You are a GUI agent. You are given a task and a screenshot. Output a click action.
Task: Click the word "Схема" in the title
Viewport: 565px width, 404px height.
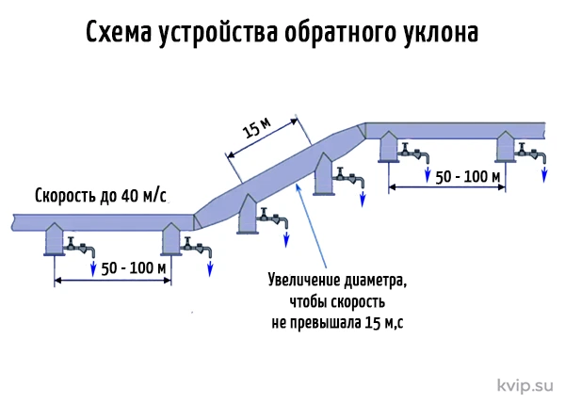(x=119, y=32)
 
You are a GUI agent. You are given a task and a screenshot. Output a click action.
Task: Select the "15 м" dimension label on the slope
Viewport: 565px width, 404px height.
(x=256, y=127)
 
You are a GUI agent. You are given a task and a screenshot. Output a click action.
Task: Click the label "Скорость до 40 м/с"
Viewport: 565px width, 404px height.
(x=101, y=196)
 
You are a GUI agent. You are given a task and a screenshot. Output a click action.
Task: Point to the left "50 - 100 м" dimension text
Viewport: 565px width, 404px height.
(x=134, y=268)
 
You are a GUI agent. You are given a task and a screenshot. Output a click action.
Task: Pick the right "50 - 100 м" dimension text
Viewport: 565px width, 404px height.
(x=467, y=177)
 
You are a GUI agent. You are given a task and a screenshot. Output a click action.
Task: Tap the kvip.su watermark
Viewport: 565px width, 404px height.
(x=525, y=385)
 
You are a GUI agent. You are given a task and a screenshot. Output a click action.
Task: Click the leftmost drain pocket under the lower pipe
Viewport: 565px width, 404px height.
(x=55, y=239)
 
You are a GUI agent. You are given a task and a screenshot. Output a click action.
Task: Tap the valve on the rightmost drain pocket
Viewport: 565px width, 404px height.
(x=531, y=152)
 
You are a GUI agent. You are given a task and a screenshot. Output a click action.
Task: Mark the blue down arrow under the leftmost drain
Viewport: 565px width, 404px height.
(x=93, y=267)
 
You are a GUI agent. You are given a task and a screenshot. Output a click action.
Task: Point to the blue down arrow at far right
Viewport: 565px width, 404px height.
(x=544, y=173)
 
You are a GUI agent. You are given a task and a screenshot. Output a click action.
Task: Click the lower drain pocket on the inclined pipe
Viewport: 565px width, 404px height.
(x=248, y=214)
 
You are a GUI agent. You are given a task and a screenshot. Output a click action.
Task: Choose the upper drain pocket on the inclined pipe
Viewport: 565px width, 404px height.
(x=324, y=174)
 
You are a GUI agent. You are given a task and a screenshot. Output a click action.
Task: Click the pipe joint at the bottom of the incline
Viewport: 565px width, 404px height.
(x=197, y=222)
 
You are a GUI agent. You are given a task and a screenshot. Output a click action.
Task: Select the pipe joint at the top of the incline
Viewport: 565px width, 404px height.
(x=362, y=131)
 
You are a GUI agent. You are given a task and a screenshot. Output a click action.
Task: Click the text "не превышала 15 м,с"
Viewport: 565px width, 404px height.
(x=337, y=322)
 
